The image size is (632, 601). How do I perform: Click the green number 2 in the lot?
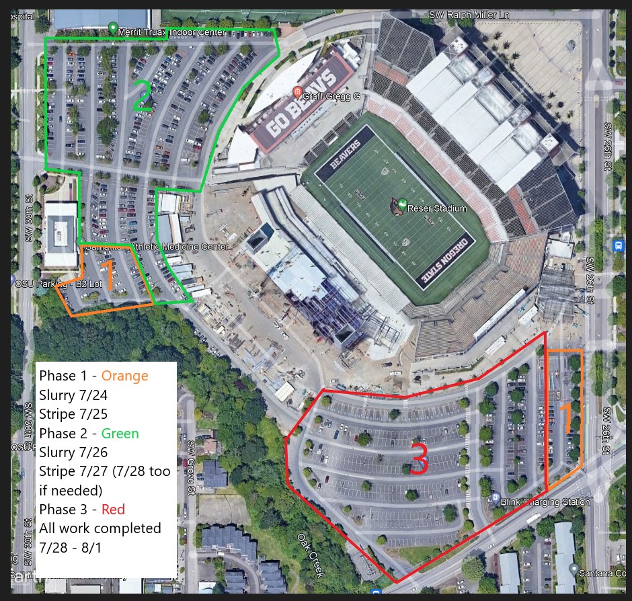click(x=142, y=95)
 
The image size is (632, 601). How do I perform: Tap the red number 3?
click(x=418, y=463)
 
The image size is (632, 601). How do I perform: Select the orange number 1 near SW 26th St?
click(x=566, y=417)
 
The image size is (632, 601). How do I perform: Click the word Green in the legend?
click(x=120, y=434)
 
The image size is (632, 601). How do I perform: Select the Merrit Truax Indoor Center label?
click(x=171, y=32)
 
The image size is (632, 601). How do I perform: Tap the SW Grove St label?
click(x=191, y=459)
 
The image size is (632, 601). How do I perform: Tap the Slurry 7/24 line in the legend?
click(x=73, y=395)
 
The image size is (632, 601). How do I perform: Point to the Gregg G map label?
click(x=331, y=96)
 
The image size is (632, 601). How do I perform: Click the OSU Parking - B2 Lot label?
click(x=58, y=284)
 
